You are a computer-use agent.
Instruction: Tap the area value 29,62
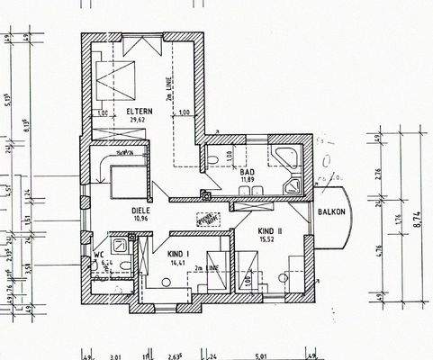(x=139, y=119)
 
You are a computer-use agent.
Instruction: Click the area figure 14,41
(x=178, y=265)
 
